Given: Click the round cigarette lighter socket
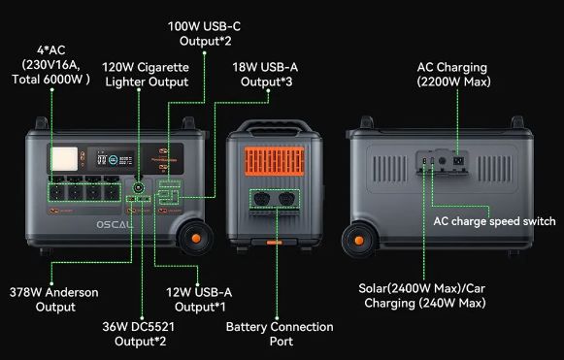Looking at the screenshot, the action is click(139, 186).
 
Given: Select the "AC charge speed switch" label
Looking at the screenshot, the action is click(494, 221).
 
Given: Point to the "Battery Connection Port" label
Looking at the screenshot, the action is click(280, 334).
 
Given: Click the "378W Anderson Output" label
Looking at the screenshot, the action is click(55, 299).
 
